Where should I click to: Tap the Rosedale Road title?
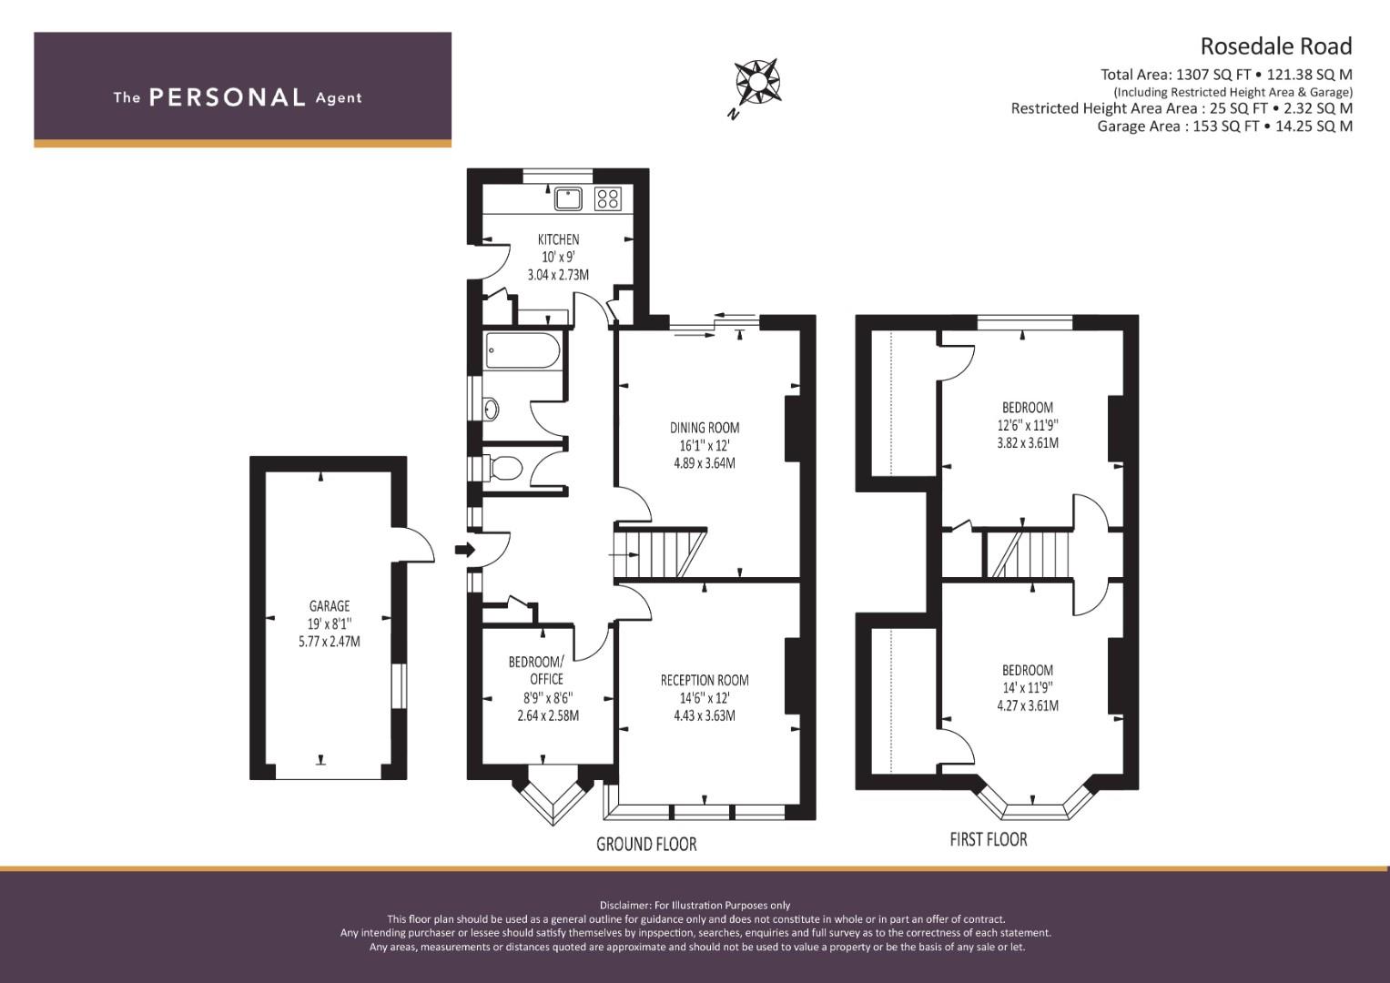(x=1276, y=46)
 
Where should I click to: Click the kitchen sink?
(x=568, y=198)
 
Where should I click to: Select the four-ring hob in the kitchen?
(x=607, y=198)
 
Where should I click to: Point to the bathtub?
(x=523, y=350)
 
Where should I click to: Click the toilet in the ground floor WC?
(x=503, y=468)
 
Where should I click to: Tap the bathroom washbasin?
(x=491, y=410)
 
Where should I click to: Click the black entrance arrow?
(x=465, y=549)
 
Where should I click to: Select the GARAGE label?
(x=330, y=605)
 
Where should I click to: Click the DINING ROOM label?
(x=705, y=428)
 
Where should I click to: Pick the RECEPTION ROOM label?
(x=705, y=680)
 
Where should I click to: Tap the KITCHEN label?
(x=559, y=238)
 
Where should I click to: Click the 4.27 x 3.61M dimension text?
(x=1028, y=705)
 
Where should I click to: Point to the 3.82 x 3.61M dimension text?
(x=1028, y=443)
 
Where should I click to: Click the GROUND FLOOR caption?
(x=646, y=844)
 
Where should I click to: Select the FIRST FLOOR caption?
(x=989, y=839)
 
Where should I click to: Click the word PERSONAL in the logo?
(x=228, y=97)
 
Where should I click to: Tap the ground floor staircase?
(x=660, y=552)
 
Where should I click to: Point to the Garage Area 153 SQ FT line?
(x=1224, y=126)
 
